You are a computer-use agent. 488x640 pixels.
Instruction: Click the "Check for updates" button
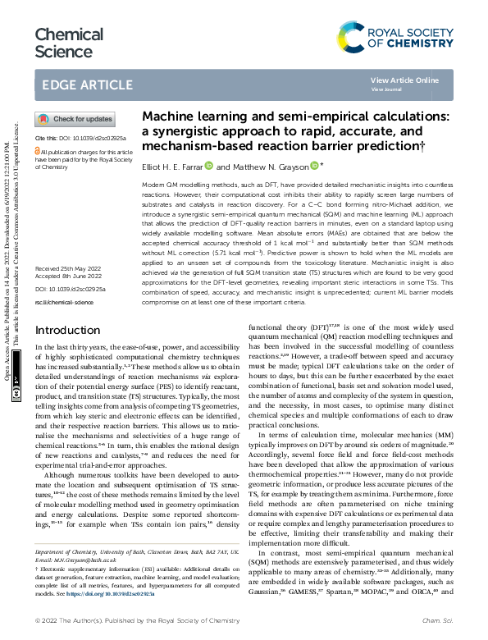75,119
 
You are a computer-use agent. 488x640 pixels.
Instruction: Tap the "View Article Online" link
404,80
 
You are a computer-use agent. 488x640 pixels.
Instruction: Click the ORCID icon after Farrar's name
209,165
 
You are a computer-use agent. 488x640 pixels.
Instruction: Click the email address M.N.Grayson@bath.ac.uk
76,558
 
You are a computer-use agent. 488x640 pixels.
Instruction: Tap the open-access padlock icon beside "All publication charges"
36,152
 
